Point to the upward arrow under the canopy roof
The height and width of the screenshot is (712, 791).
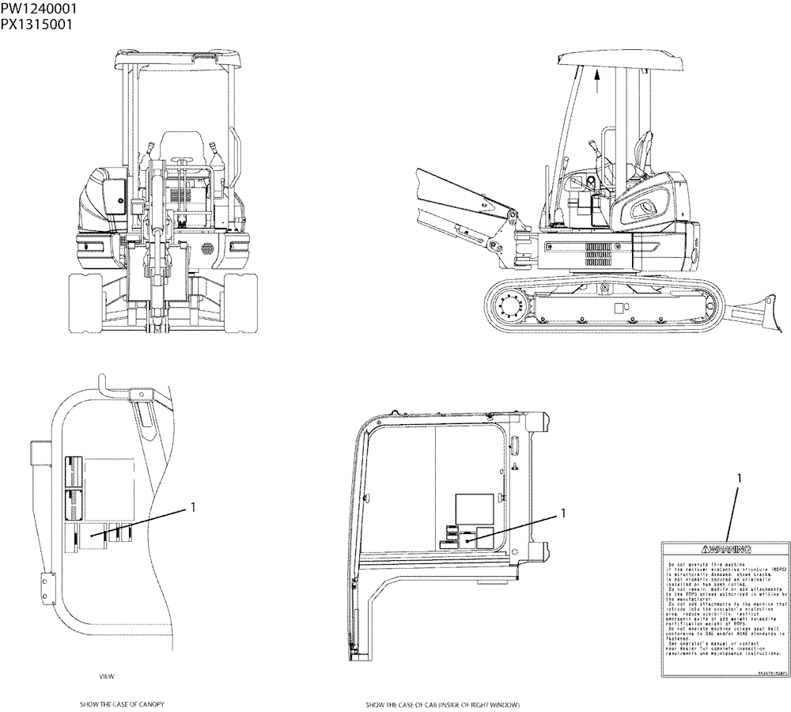point(598,77)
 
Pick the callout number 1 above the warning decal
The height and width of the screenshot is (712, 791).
point(739,478)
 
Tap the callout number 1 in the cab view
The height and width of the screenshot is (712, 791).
point(563,513)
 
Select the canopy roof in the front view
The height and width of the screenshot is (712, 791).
point(176,58)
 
